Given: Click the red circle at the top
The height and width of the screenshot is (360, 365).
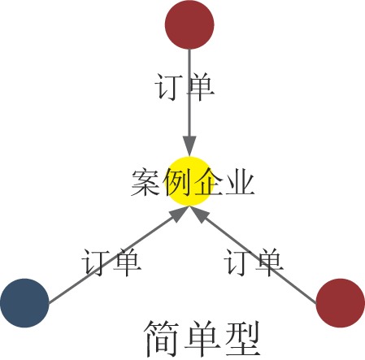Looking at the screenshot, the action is [x=189, y=24].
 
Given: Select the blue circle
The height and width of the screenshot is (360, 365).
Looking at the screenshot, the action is [x=24, y=303].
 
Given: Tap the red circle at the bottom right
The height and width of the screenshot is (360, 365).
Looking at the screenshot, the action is [x=341, y=303].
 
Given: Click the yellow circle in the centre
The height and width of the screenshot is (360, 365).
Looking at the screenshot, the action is [x=189, y=181].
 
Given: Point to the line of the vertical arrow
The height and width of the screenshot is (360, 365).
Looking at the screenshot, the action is [x=189, y=93].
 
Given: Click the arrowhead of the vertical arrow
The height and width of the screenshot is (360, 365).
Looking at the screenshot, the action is [x=189, y=146].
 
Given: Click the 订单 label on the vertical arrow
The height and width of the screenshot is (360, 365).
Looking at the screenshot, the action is [x=185, y=87].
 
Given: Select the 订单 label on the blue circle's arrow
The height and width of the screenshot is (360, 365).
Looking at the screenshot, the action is [x=111, y=262].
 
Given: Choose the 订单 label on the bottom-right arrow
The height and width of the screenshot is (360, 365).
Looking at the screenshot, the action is [x=254, y=262].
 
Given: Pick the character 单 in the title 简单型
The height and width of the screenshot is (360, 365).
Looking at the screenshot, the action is [x=202, y=339].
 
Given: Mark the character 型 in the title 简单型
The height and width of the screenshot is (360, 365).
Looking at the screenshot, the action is [x=242, y=339].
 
